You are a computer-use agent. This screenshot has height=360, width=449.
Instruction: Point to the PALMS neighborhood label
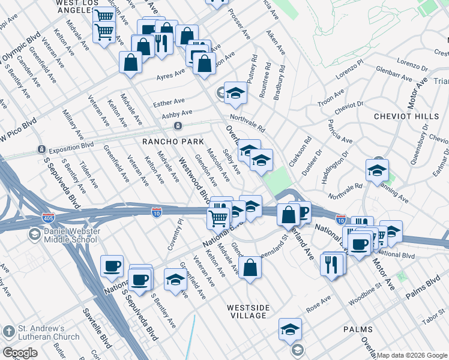[358, 329]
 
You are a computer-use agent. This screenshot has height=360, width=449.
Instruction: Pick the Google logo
[20, 353]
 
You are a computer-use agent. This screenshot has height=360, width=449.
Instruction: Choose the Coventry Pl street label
[179, 232]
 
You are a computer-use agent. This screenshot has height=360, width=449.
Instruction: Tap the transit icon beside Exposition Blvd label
[41, 149]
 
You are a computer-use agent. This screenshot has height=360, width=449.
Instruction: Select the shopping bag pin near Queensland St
[250, 267]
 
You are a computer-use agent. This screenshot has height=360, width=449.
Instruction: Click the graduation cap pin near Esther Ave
[236, 92]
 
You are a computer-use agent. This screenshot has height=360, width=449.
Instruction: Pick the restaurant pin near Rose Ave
[332, 263]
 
